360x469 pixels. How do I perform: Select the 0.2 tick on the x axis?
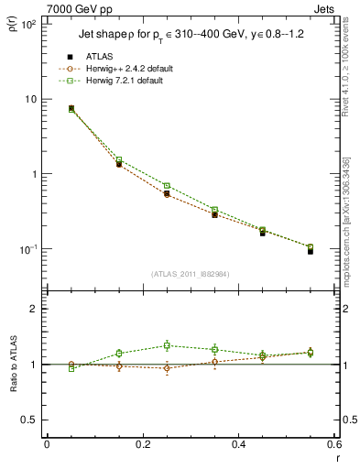pyautogui.click(x=142, y=444)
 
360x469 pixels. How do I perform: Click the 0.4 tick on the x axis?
pyautogui.click(x=238, y=444)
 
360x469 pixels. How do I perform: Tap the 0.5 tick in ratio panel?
pyautogui.click(x=28, y=420)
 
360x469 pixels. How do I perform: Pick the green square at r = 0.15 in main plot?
pyautogui.click(x=119, y=159)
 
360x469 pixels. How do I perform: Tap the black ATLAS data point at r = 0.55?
pyautogui.click(x=311, y=250)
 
